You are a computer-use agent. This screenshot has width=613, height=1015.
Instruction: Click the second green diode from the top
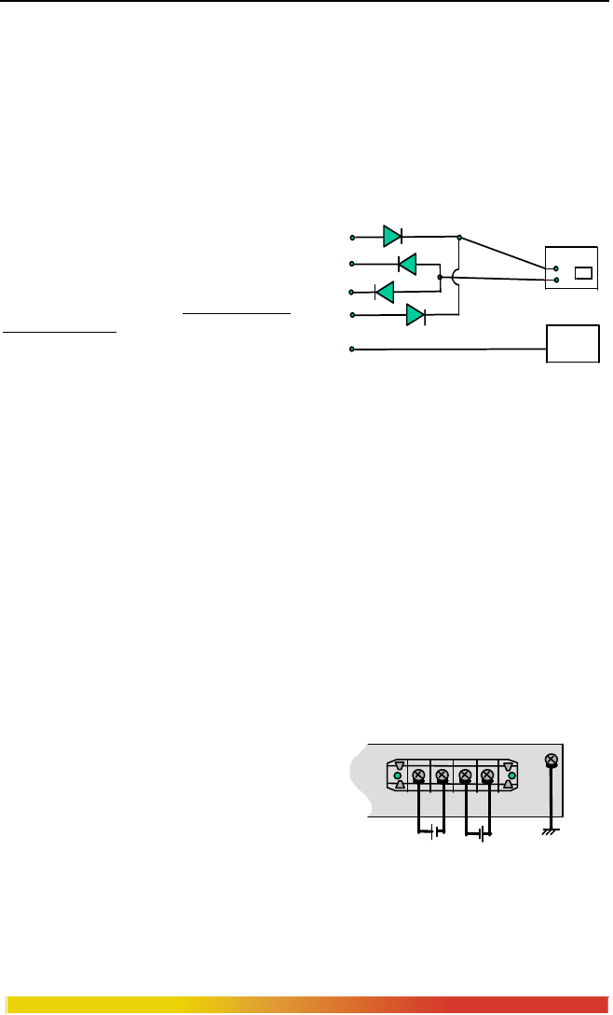coord(406,264)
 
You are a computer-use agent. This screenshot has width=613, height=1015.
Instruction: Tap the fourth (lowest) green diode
coord(415,315)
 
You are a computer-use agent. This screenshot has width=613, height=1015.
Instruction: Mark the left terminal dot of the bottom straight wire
coord(352,349)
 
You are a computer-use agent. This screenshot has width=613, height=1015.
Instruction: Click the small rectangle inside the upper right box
coord(583,273)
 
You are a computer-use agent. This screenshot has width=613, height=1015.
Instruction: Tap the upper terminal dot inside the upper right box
coord(556,268)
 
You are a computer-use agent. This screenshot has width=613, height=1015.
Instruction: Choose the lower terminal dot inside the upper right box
coord(556,279)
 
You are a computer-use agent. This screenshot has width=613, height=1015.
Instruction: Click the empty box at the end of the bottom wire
coord(573,344)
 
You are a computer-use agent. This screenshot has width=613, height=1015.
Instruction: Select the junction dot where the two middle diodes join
coord(440,277)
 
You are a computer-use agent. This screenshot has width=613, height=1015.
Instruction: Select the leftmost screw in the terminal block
coord(419,775)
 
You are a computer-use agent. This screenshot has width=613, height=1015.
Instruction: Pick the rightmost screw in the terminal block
coord(485,775)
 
